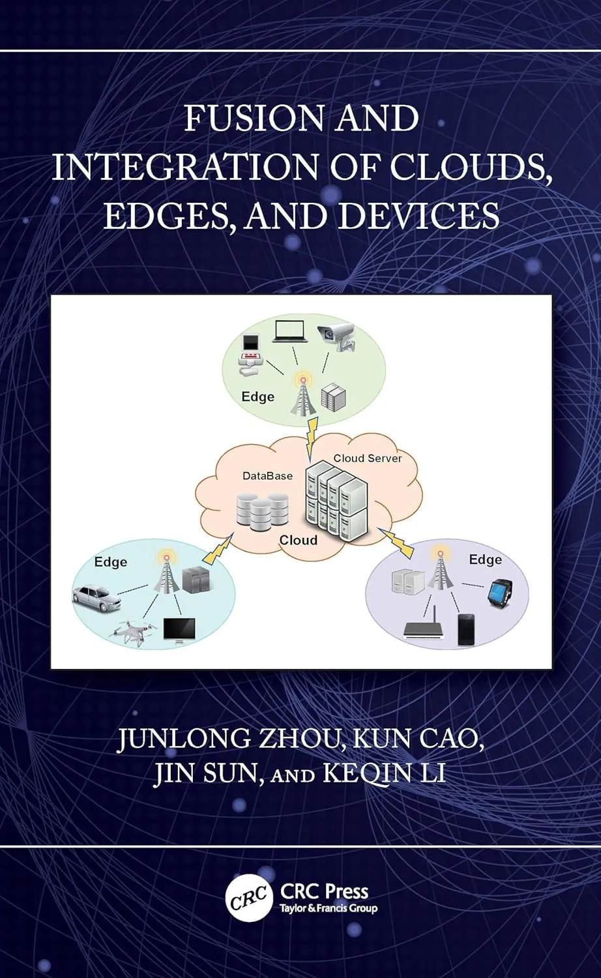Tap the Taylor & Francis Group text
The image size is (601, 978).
pyautogui.click(x=329, y=909)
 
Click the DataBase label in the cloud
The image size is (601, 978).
pyautogui.click(x=267, y=475)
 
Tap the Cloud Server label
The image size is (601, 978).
pyautogui.click(x=368, y=458)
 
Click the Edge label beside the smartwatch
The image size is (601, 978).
pyautogui.click(x=486, y=560)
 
